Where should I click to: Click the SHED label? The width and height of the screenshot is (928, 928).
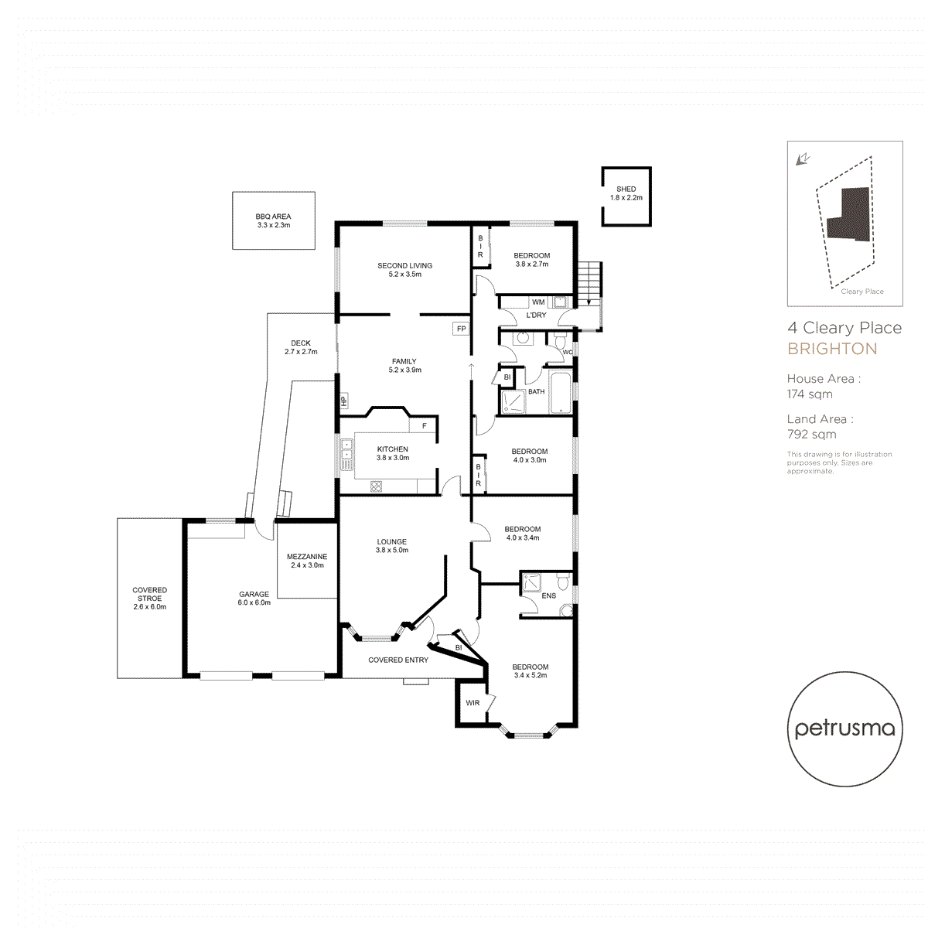[x=626, y=189]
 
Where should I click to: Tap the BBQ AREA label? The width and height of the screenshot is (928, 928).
[x=273, y=217]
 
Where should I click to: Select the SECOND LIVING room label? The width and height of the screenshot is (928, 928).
[x=404, y=266]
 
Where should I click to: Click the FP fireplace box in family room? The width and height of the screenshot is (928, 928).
[x=461, y=329]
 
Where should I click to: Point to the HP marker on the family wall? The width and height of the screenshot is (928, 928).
[x=343, y=401]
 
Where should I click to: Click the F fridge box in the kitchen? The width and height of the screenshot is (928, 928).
[x=424, y=426]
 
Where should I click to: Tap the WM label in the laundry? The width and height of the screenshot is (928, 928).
[x=538, y=302]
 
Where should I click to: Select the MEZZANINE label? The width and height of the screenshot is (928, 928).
[x=307, y=557]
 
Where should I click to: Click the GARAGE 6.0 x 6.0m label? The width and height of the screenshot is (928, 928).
[x=254, y=599]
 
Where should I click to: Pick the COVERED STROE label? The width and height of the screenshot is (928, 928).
[x=149, y=594]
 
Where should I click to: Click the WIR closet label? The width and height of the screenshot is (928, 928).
[x=473, y=703]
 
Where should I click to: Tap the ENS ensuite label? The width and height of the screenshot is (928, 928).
[x=548, y=596]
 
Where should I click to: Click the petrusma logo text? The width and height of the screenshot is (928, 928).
[x=844, y=728]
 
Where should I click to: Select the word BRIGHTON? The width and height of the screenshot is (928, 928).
[x=832, y=349]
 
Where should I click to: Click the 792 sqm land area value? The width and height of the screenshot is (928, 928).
[x=811, y=435]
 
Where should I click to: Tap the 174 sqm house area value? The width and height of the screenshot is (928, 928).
[x=810, y=394]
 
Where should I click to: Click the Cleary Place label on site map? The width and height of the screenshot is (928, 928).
[x=861, y=292]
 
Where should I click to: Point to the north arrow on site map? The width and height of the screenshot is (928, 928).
[x=803, y=159]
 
